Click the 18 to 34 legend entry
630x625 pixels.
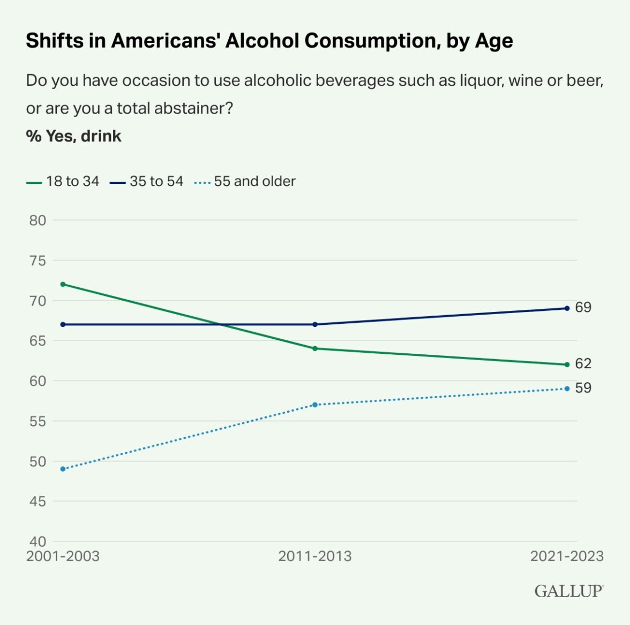63,182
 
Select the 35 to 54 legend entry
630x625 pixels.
147,182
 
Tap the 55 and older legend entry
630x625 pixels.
245,182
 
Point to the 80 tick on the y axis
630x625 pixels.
37,220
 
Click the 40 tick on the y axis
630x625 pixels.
37,541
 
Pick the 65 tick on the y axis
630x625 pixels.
37,341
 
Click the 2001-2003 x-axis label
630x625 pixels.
63,556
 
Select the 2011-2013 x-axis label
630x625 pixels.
315,556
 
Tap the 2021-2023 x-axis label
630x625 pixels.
567,556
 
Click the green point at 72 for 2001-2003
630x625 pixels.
63,284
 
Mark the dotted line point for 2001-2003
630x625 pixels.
63,469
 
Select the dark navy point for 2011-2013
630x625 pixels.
315,324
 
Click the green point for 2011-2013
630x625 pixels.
315,348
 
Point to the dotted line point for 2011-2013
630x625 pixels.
315,405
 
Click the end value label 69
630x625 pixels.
583,308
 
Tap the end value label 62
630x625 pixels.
583,364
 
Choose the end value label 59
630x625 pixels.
583,388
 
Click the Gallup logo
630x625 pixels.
568,591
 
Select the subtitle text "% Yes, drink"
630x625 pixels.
74,136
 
